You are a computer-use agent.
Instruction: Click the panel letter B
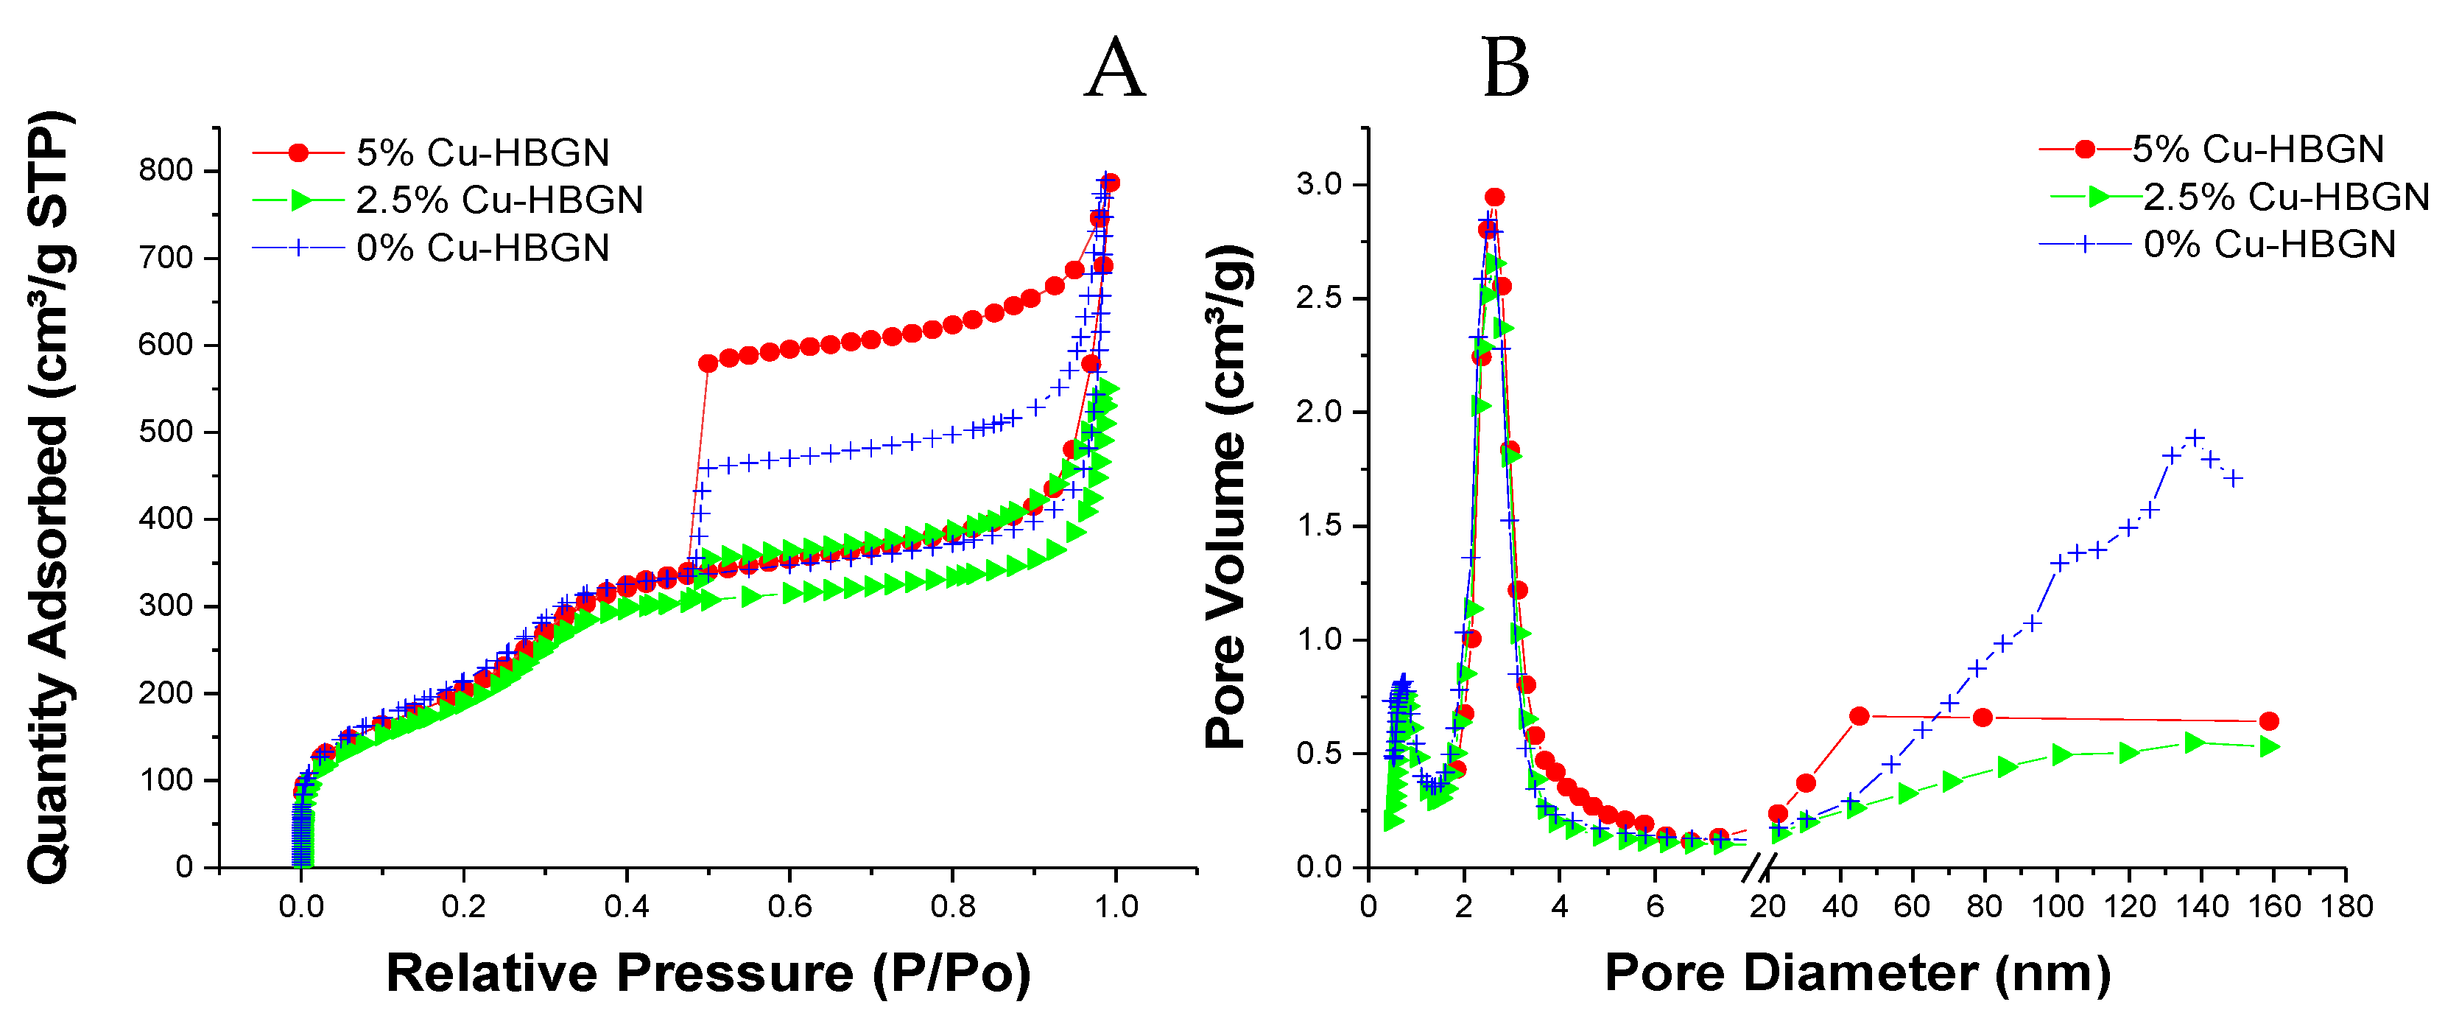pos(1505,69)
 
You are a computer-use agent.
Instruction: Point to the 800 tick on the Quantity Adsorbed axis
pos(166,171)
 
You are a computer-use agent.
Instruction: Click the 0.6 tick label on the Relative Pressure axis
pos(789,907)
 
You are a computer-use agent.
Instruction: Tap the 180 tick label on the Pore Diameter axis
pos(2346,907)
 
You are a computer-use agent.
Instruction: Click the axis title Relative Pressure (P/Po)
pos(708,974)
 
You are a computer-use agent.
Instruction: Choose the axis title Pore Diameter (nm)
pos(1857,974)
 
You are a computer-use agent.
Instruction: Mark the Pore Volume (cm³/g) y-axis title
pos(1226,498)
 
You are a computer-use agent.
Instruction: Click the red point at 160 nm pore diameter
pos(2268,721)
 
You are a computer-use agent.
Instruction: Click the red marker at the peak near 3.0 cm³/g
pos(1494,197)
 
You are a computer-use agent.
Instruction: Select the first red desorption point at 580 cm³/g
pos(708,364)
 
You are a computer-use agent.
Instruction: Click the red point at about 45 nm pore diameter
pos(1859,716)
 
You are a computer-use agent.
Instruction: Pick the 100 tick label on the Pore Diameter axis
pos(2057,907)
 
